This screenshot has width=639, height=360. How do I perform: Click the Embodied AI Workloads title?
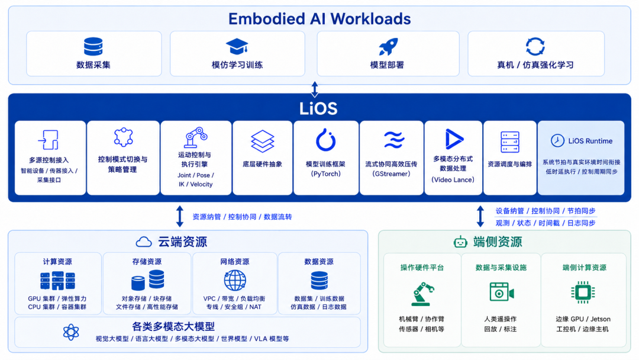click(x=319, y=19)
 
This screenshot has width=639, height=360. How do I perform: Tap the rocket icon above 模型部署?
click(x=388, y=46)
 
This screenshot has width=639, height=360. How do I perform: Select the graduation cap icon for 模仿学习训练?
click(x=237, y=46)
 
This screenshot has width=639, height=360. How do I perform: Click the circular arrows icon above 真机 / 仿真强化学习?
click(x=535, y=46)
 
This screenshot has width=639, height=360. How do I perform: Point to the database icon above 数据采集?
click(x=93, y=46)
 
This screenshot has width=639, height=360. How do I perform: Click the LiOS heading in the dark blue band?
click(x=319, y=108)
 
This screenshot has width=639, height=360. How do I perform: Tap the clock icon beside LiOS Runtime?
click(x=557, y=141)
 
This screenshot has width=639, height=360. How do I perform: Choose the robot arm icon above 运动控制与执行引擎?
click(x=196, y=137)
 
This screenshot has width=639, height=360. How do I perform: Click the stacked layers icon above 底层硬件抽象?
click(x=263, y=141)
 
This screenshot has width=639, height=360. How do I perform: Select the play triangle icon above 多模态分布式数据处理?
click(x=454, y=139)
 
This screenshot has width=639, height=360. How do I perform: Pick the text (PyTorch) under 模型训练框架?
click(x=325, y=173)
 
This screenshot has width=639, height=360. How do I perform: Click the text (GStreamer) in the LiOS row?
click(x=391, y=173)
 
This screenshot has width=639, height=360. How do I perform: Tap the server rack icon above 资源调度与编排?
click(x=510, y=142)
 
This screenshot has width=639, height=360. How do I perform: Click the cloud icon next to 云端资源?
click(x=143, y=242)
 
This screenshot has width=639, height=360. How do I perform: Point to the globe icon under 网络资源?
click(x=235, y=281)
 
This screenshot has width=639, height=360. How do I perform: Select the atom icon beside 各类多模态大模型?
click(x=71, y=332)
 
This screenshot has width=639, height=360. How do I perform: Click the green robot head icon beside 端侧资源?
click(x=460, y=242)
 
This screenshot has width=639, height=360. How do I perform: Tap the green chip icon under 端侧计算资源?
click(x=583, y=292)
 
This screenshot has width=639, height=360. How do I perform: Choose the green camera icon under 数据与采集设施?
click(x=502, y=292)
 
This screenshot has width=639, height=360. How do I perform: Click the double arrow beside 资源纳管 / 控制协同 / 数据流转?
click(x=180, y=217)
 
